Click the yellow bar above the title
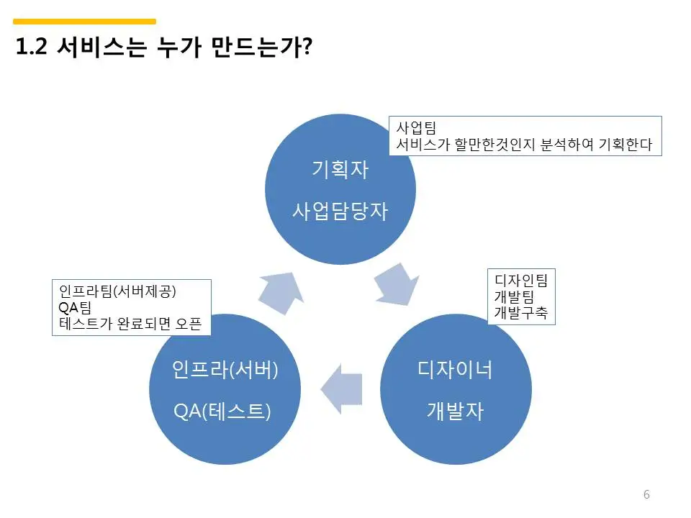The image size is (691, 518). (85, 21)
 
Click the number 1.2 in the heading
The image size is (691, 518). (31, 46)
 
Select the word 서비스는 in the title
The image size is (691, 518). (101, 47)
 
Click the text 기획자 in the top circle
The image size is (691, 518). (340, 170)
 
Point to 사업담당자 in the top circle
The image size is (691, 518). (340, 211)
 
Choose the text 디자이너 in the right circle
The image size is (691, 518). (455, 370)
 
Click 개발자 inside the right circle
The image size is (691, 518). (455, 411)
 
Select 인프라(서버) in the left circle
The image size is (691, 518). (225, 370)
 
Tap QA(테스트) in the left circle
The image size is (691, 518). (222, 412)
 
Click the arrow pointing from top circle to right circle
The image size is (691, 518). (396, 285)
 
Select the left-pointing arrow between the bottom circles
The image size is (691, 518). (341, 388)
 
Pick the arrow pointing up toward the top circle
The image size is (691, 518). (281, 293)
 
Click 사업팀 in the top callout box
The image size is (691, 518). (416, 128)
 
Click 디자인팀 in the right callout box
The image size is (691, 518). (521, 280)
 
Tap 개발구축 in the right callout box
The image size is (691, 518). (521, 313)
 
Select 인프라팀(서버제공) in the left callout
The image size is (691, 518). (117, 291)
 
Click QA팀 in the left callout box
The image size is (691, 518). (75, 307)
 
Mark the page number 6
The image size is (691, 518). (646, 494)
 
